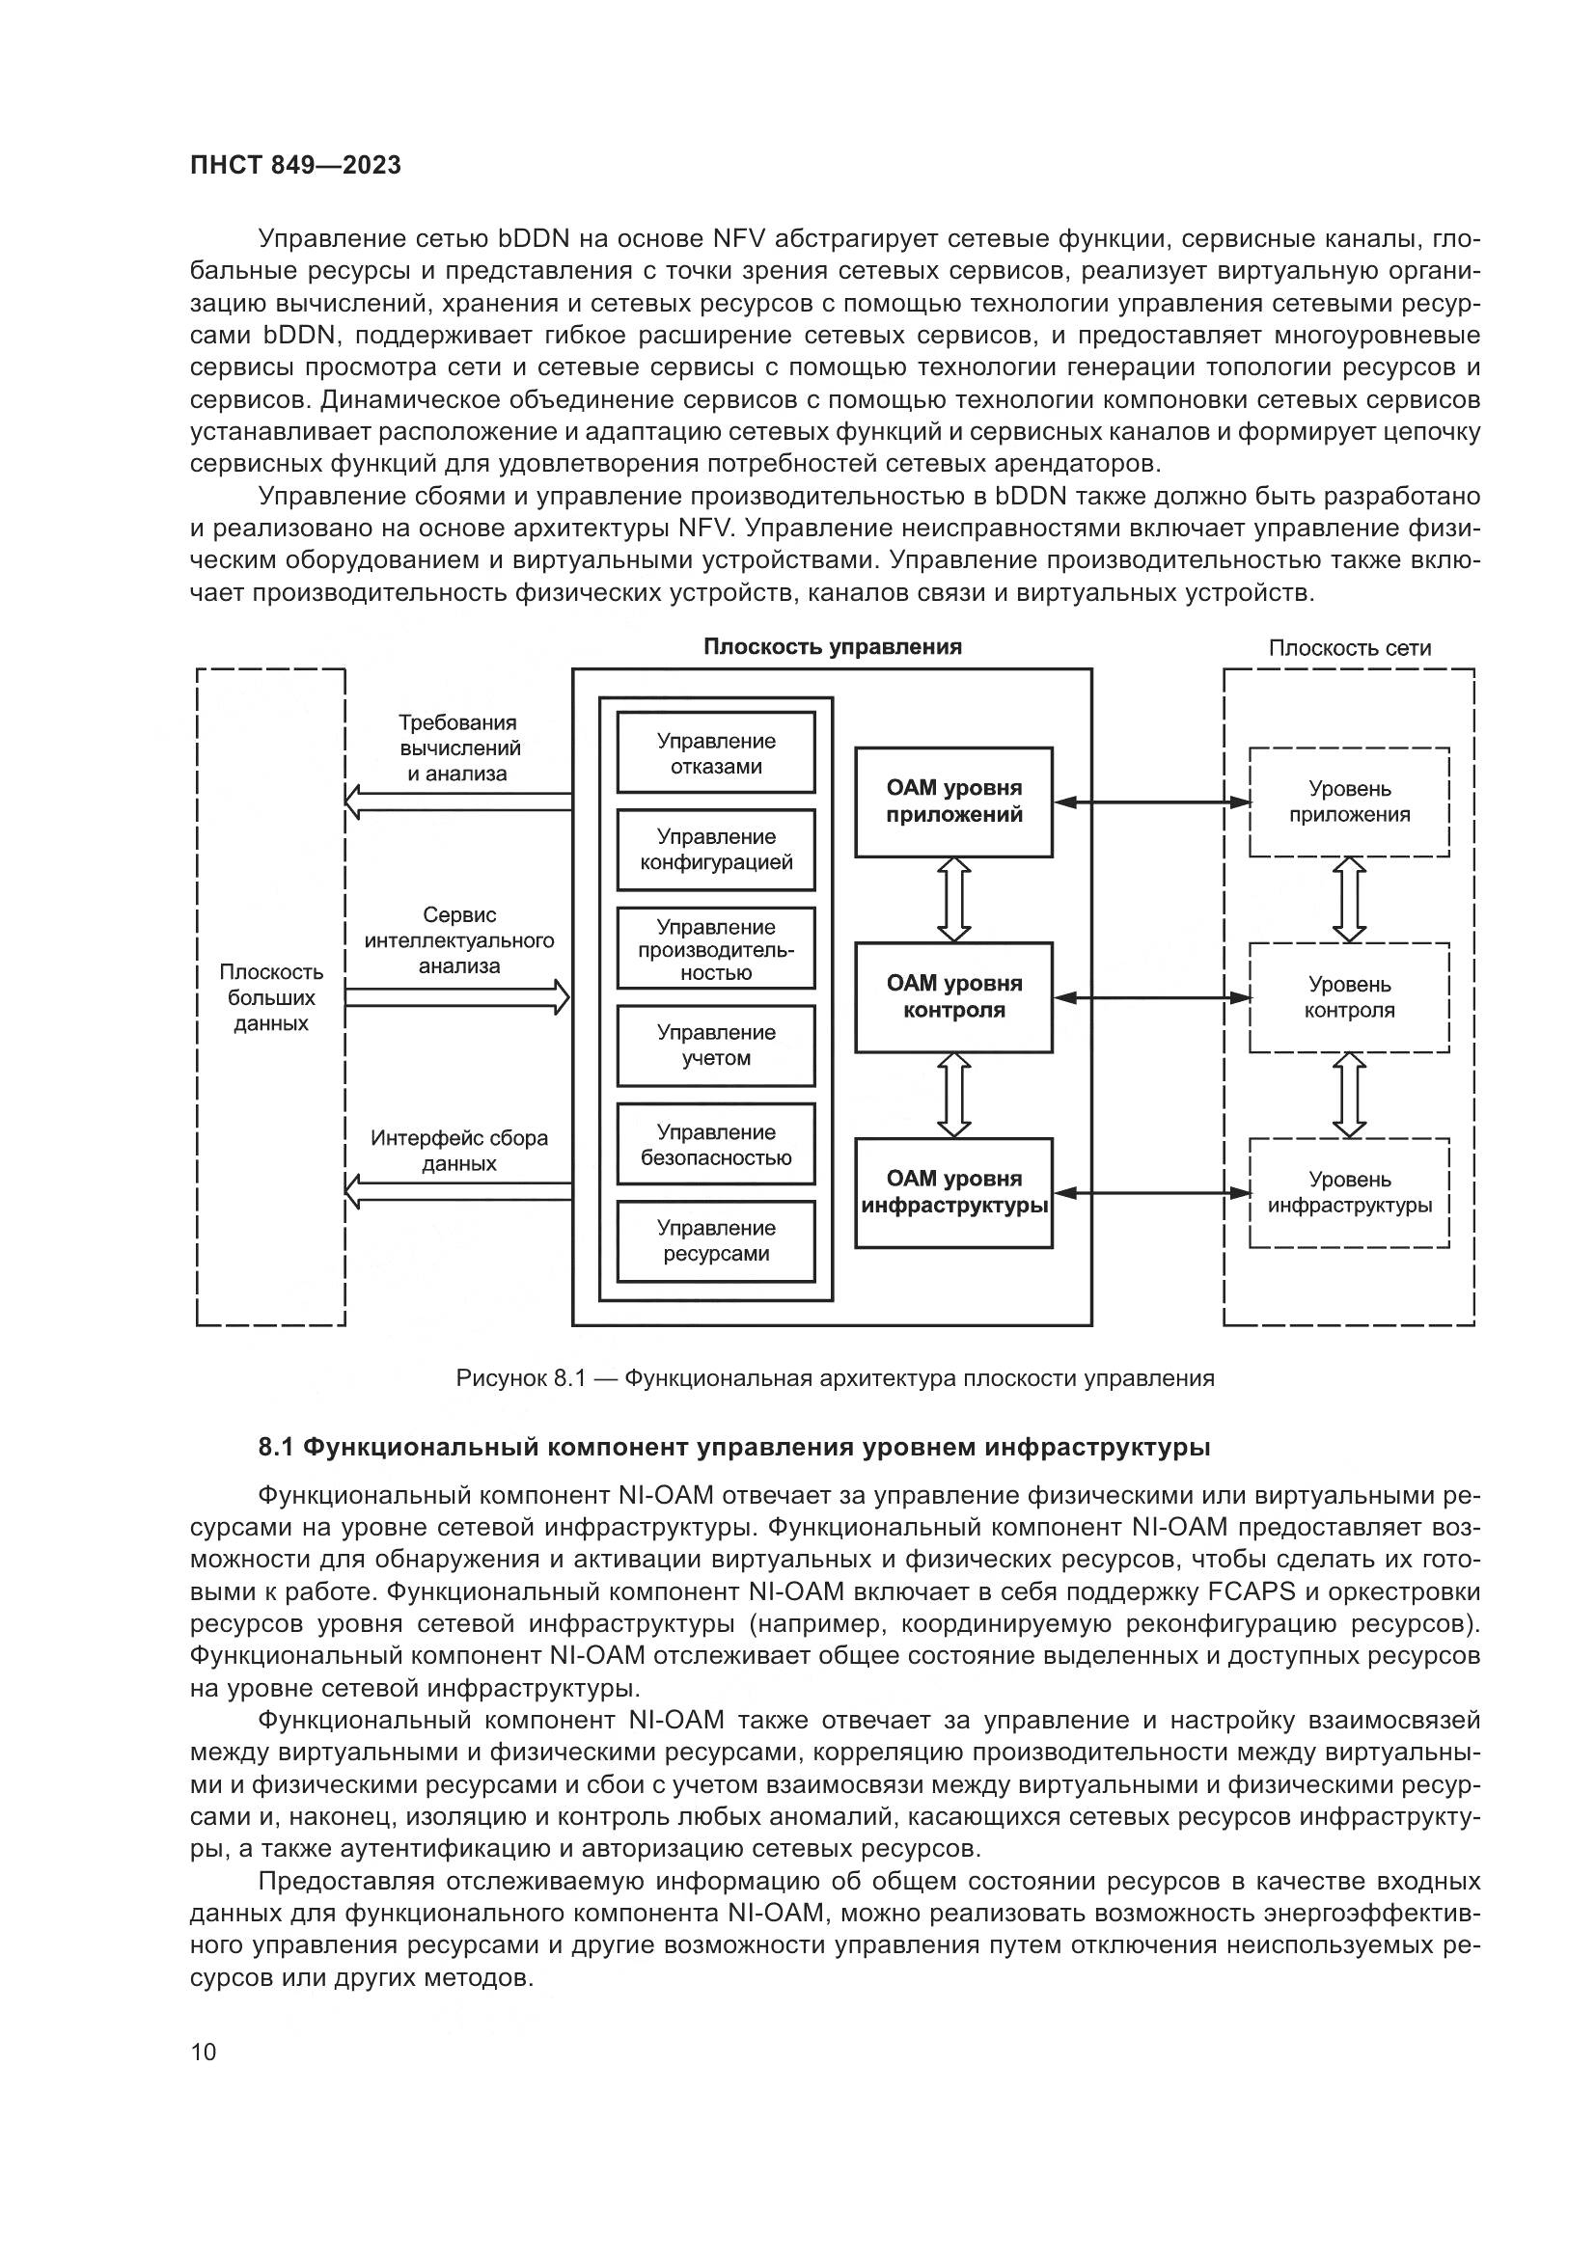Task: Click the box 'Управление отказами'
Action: pyautogui.click(x=715, y=752)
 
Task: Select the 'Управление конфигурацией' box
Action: pyautogui.click(x=715, y=849)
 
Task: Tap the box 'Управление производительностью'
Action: pyautogui.click(x=715, y=948)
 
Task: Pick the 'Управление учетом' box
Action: pyautogui.click(x=715, y=1045)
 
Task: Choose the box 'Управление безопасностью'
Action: pyautogui.click(x=715, y=1144)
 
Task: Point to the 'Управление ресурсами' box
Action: pyautogui.click(x=715, y=1240)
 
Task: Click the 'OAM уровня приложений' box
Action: pyautogui.click(x=953, y=801)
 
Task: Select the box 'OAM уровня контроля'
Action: pyautogui.click(x=953, y=996)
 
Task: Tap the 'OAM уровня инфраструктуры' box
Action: pyautogui.click(x=953, y=1192)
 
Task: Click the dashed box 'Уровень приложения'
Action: pyautogui.click(x=1348, y=801)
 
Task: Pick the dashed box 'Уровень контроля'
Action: pyautogui.click(x=1348, y=996)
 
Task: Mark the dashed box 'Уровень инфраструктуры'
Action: pyautogui.click(x=1348, y=1192)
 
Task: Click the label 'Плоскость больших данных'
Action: pyautogui.click(x=270, y=997)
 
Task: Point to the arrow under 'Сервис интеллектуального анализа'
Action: pyautogui.click(x=457, y=997)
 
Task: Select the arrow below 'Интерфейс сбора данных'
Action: pyautogui.click(x=457, y=1191)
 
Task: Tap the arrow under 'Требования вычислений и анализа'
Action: pyautogui.click(x=457, y=801)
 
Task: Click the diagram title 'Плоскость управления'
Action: pyautogui.click(x=833, y=646)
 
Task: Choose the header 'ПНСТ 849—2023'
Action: pyautogui.click(x=296, y=165)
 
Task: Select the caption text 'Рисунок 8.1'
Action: pyautogui.click(x=520, y=1377)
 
